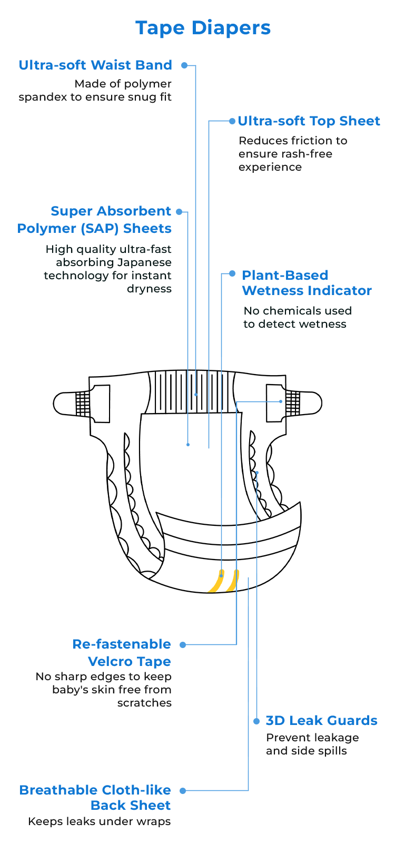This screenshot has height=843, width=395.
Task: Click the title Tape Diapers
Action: [x=203, y=28]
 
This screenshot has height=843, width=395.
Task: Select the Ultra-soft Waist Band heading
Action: [x=95, y=65]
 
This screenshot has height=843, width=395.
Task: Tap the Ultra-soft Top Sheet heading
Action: [x=309, y=121]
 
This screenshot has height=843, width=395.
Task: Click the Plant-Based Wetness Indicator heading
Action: [x=307, y=283]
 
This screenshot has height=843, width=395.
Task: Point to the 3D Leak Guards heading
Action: [x=321, y=721]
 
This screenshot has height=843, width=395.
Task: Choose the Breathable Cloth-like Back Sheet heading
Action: [x=96, y=797]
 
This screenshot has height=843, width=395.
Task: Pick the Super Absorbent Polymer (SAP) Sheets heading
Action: [x=95, y=220]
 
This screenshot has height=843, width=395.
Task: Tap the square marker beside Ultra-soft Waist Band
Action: [x=184, y=65]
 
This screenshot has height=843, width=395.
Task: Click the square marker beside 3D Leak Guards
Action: [x=256, y=721]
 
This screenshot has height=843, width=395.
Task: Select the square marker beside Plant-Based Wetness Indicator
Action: [x=232, y=274]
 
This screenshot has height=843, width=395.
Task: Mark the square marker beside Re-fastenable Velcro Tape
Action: [x=183, y=645]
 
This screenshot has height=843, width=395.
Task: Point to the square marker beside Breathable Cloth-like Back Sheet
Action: [x=183, y=791]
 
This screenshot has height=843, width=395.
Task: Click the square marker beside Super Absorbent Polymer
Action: [x=179, y=212]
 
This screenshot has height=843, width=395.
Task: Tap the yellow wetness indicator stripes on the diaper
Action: [x=223, y=580]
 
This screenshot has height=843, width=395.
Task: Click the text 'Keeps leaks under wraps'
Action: [x=100, y=822]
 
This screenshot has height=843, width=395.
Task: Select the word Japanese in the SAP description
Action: [x=145, y=262]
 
